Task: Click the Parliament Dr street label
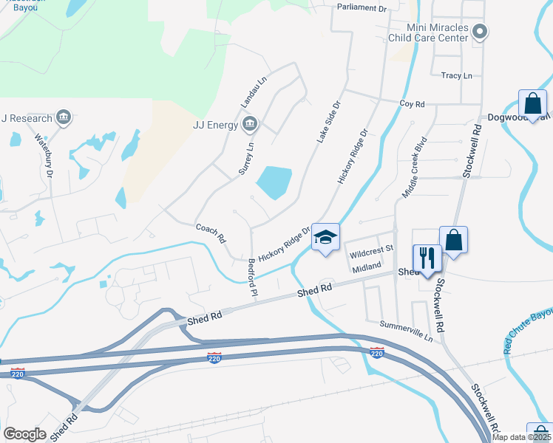pyautogui.click(x=362, y=7)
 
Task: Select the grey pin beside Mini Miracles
pyautogui.click(x=480, y=31)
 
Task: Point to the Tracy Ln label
pyautogui.click(x=456, y=75)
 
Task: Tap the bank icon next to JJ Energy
pyautogui.click(x=249, y=123)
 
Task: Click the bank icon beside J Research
pyautogui.click(x=64, y=117)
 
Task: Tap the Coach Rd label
pyautogui.click(x=211, y=233)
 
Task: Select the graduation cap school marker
pyautogui.click(x=325, y=238)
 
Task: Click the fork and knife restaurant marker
pyautogui.click(x=427, y=258)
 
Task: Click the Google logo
pyautogui.click(x=24, y=434)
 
